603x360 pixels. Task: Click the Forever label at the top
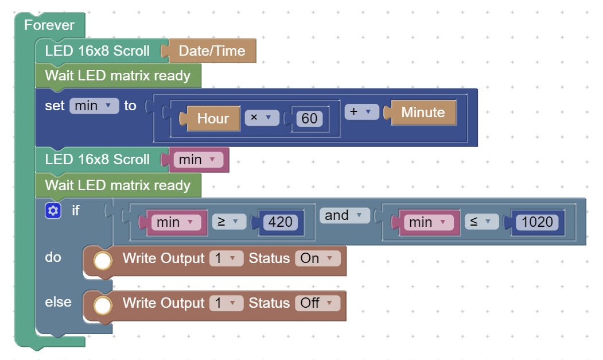[49, 25]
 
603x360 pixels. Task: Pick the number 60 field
[309, 118]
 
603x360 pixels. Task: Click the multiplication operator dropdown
[262, 118]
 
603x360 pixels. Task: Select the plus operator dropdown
[361, 111]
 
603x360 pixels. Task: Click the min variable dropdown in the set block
[94, 106]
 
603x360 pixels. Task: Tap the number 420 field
[280, 222]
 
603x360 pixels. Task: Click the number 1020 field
[537, 222]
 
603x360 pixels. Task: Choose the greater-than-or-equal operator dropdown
[229, 222]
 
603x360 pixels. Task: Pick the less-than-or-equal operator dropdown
[481, 222]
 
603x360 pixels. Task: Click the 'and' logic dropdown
[345, 215]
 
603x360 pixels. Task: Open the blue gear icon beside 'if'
[53, 211]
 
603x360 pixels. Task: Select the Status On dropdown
[318, 258]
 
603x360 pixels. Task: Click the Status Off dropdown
[318, 303]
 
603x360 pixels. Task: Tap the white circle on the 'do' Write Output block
[103, 261]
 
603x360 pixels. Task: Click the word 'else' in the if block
[58, 302]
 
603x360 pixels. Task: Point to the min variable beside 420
[177, 222]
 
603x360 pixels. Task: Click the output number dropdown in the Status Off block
[226, 303]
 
